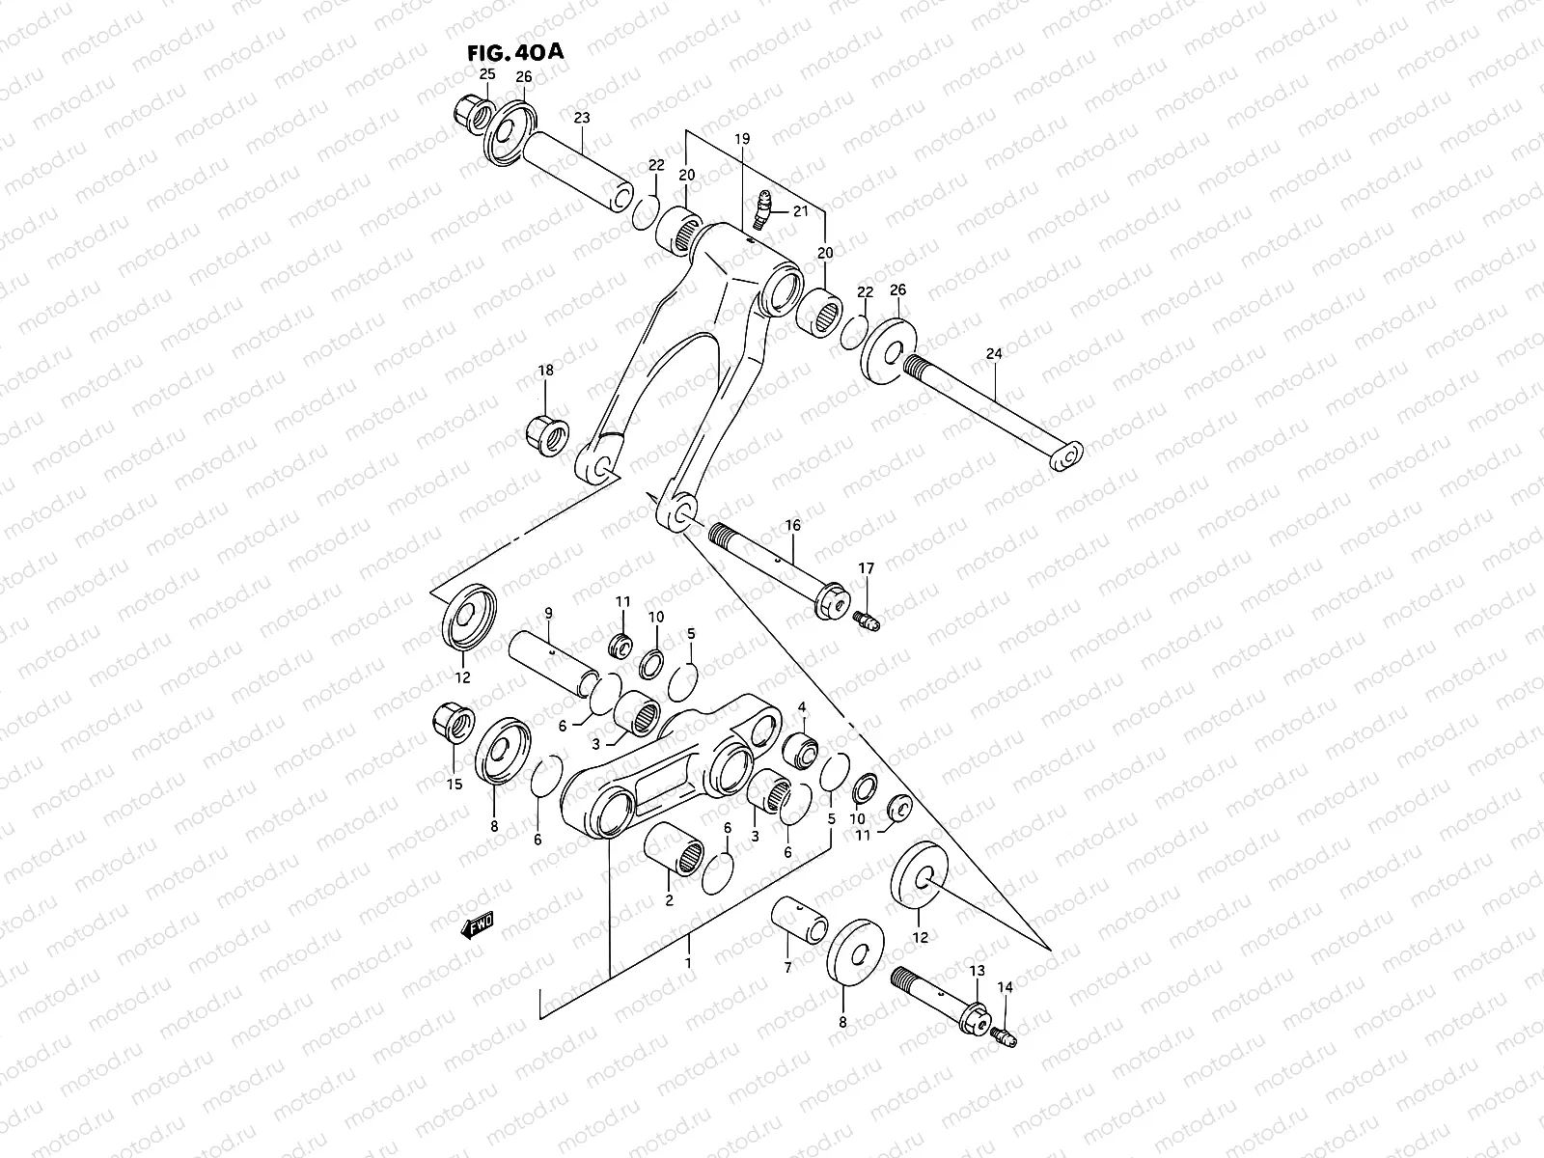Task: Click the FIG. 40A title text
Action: [x=511, y=51]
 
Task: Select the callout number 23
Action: [x=581, y=118]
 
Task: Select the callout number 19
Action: [x=741, y=140]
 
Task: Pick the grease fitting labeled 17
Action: [x=866, y=619]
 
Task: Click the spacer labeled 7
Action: [x=799, y=924]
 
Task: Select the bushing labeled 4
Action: [x=802, y=747]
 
